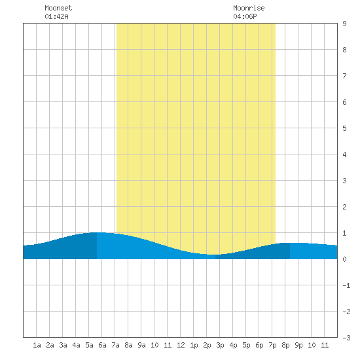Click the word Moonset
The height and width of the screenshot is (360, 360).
[58, 8]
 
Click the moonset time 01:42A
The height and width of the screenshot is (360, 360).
[56, 16]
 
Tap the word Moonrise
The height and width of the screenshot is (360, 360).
[249, 8]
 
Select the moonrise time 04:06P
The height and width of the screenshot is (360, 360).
[245, 16]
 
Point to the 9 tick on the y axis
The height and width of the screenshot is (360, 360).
[344, 24]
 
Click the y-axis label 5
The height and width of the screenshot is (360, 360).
[344, 128]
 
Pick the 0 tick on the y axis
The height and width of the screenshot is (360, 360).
[344, 259]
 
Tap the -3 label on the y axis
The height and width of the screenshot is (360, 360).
[346, 338]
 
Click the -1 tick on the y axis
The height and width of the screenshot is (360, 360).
[346, 285]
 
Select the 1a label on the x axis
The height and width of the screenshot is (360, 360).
[37, 345]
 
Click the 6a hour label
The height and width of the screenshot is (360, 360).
[102, 345]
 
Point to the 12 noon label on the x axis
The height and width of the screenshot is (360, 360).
[181, 345]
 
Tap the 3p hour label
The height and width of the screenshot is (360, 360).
[220, 345]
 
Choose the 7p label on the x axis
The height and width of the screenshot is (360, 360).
[272, 345]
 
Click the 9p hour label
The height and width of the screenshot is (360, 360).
[298, 345]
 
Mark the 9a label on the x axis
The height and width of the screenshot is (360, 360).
[141, 345]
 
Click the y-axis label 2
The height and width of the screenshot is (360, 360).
[344, 207]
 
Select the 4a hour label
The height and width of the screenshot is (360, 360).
[76, 345]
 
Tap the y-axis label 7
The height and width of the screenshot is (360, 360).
[344, 76]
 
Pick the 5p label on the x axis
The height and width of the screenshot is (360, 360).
[246, 345]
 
